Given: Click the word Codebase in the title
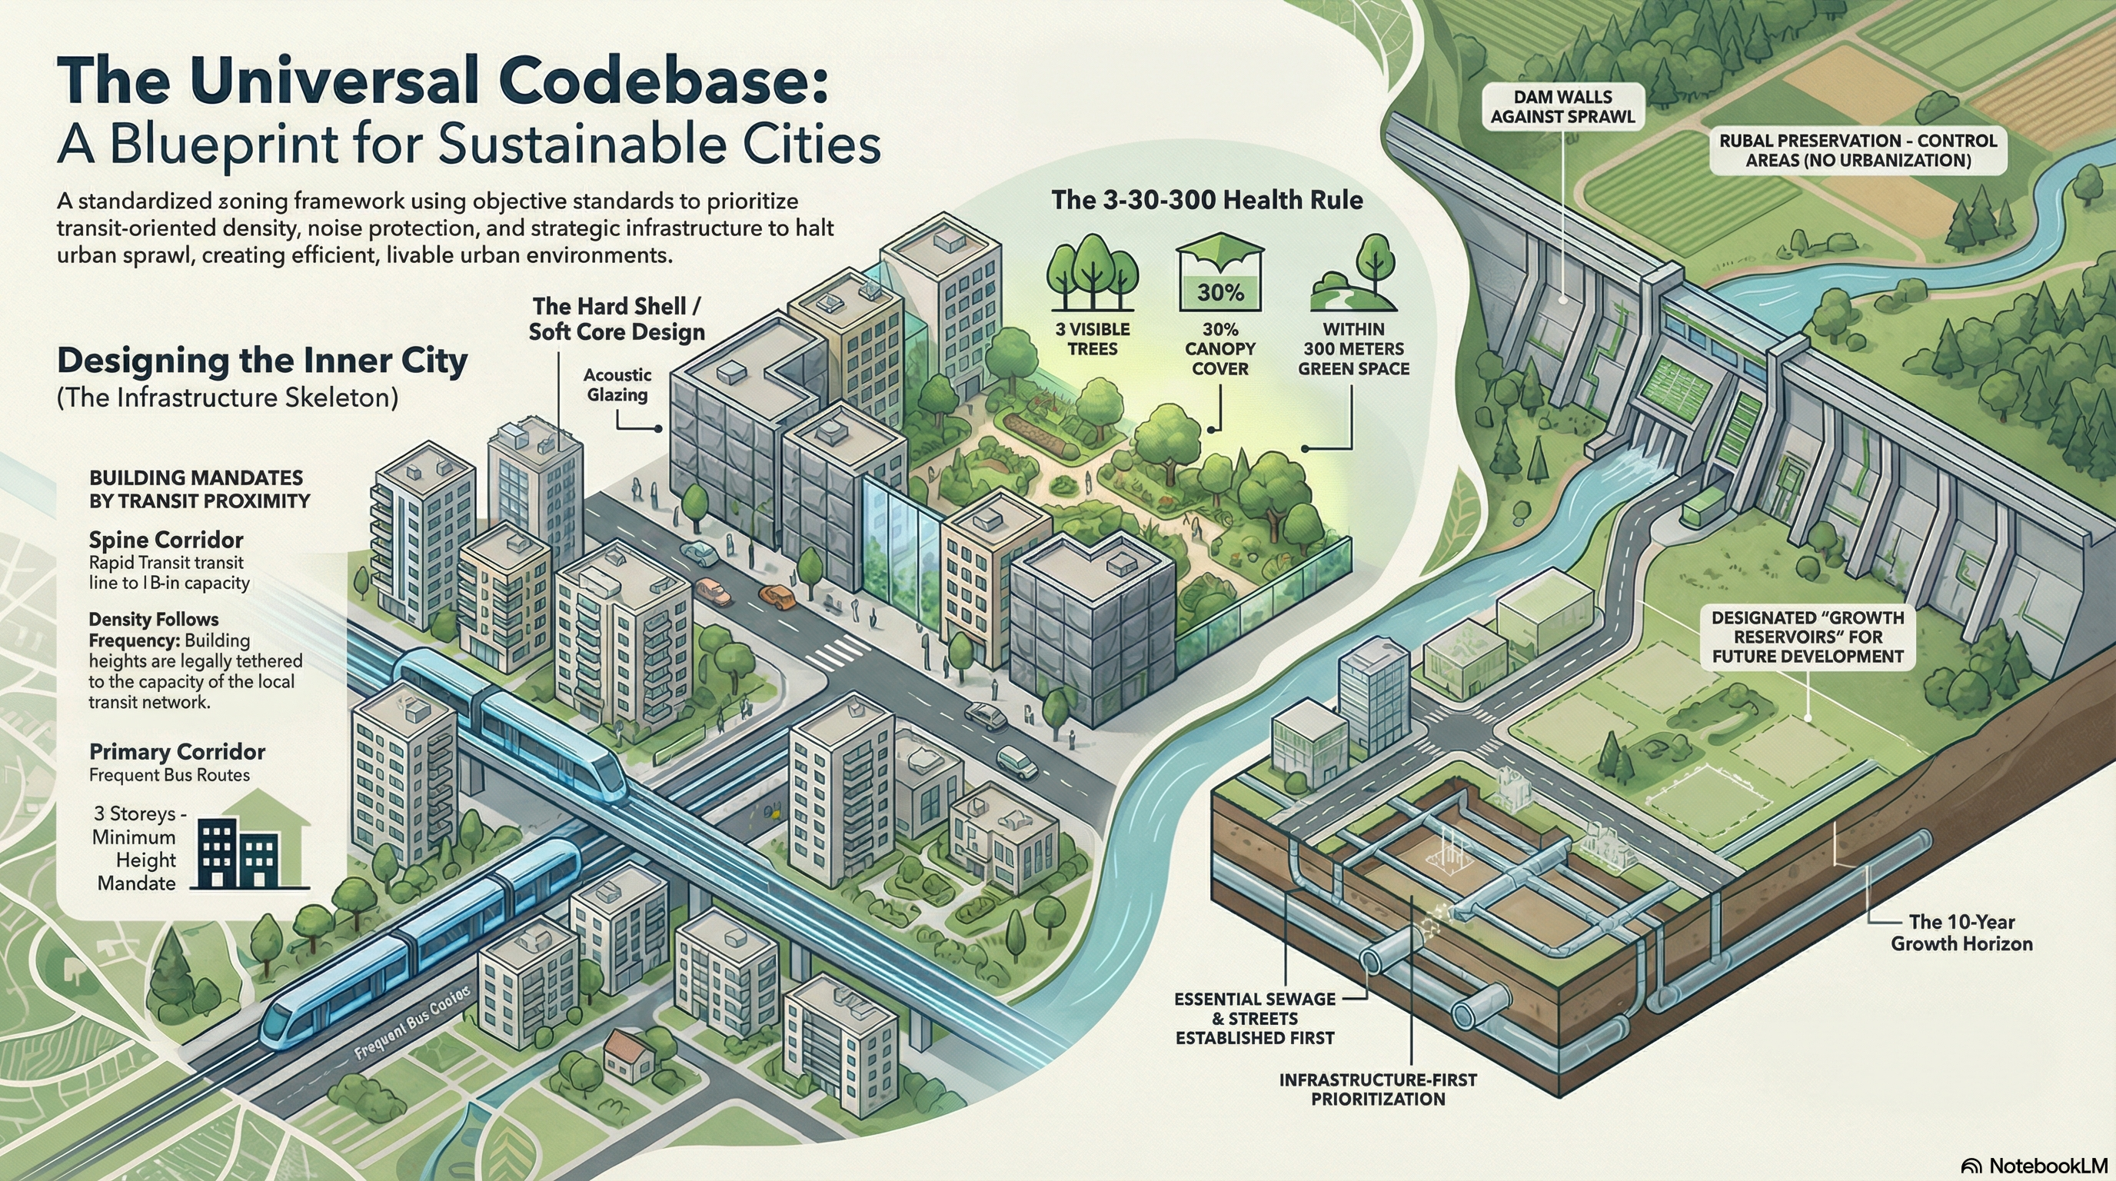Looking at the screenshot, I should pos(657,82).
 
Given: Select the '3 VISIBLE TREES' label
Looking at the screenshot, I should pos(1092,339).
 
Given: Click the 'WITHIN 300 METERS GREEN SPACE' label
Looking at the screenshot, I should pos(1353,349).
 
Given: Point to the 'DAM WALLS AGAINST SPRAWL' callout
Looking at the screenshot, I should pos(1562,108).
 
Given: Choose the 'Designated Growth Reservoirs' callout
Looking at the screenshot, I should pos(1807,637).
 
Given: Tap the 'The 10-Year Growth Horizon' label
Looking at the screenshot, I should pos(1961,933).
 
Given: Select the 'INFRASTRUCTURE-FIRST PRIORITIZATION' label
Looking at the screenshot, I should pos(1378,1089).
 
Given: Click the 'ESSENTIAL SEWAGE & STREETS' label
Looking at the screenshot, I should pos(1254,1019).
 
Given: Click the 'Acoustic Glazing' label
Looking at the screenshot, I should pos(617,384).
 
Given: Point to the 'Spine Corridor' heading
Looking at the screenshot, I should pos(166,541).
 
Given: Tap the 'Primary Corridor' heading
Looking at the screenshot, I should pos(177,752).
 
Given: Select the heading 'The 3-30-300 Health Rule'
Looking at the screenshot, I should pos(1206,201).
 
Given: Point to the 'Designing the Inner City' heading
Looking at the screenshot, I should pos(262,361).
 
